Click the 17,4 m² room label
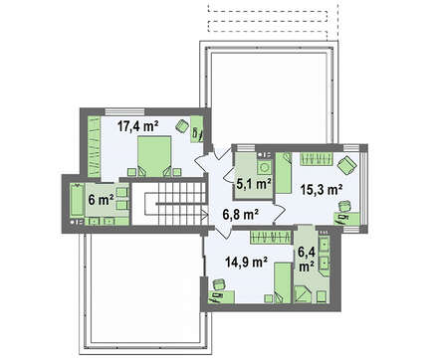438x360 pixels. pos(137,126)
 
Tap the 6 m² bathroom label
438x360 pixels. pos(102,200)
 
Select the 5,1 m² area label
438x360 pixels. pos(254,183)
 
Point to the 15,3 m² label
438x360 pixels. pos(322,190)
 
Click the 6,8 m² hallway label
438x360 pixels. pos(240,215)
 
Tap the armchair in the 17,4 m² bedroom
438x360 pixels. pos(181,125)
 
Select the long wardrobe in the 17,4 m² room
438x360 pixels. pos(94,146)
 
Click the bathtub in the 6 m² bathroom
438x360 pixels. pos(77,201)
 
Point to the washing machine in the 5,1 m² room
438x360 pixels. pos(265,167)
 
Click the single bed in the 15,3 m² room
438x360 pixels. pos(284,172)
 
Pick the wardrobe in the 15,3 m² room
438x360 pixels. pos(317,159)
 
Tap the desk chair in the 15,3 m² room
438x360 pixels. pos(344,206)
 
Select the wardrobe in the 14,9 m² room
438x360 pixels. pos(272,238)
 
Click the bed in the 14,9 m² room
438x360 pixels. pos(283,282)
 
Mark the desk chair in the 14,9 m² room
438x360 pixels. pos(218,284)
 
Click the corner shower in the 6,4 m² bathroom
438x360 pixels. pos(303,293)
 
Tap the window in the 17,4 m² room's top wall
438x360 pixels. pos(122,111)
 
